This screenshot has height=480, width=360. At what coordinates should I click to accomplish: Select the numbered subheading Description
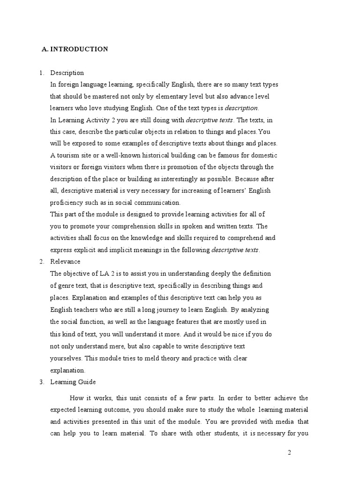(67, 73)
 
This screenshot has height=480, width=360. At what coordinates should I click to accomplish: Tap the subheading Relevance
(65, 262)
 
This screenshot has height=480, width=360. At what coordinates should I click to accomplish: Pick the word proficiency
(66, 202)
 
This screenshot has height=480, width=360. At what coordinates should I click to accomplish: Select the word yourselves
(66, 358)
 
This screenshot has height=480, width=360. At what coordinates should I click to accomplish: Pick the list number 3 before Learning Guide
(41, 382)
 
